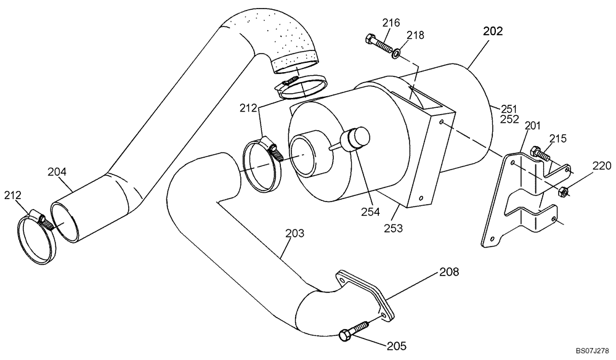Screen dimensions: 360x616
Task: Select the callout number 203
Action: click(294, 234)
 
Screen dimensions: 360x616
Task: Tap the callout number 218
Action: click(416, 36)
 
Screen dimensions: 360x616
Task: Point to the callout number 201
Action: click(532, 126)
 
